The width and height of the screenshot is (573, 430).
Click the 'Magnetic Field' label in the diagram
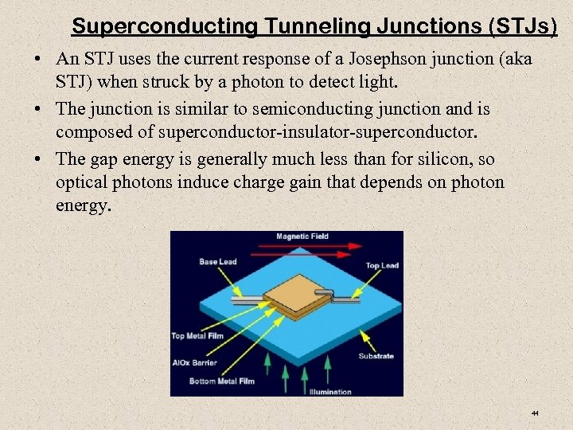click(x=302, y=236)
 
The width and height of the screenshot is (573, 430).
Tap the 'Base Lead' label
click(x=217, y=261)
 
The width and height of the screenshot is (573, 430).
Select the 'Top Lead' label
click(x=381, y=265)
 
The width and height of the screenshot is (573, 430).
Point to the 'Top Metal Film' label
click(x=199, y=336)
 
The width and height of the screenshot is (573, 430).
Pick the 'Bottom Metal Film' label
click(x=221, y=381)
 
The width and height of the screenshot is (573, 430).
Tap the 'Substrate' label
click(x=376, y=356)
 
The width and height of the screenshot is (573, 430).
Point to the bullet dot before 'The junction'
click(x=40, y=109)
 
